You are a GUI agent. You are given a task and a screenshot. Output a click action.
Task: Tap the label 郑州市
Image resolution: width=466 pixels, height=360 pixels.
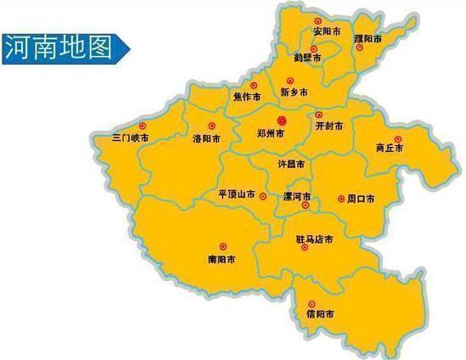point(271,135)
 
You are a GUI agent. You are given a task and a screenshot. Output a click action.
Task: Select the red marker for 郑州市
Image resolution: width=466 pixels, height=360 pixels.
point(283,121)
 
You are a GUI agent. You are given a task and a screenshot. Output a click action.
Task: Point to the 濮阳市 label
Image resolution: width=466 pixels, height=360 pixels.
point(368,39)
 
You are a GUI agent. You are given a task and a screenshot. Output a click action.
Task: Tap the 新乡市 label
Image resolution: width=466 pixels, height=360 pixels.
point(294,91)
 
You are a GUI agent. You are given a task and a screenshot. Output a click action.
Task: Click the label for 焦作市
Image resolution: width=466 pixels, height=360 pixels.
point(245,96)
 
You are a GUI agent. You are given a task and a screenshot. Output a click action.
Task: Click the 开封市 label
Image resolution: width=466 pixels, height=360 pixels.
point(328,126)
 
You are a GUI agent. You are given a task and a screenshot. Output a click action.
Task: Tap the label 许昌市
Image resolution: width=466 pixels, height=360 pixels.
point(292,160)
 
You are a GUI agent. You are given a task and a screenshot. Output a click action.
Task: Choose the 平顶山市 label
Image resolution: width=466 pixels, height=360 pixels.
point(237,194)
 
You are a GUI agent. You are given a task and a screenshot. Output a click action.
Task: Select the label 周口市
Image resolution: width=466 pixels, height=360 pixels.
point(361,200)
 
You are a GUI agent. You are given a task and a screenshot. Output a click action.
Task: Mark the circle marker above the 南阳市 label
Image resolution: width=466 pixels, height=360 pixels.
point(223,246)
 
